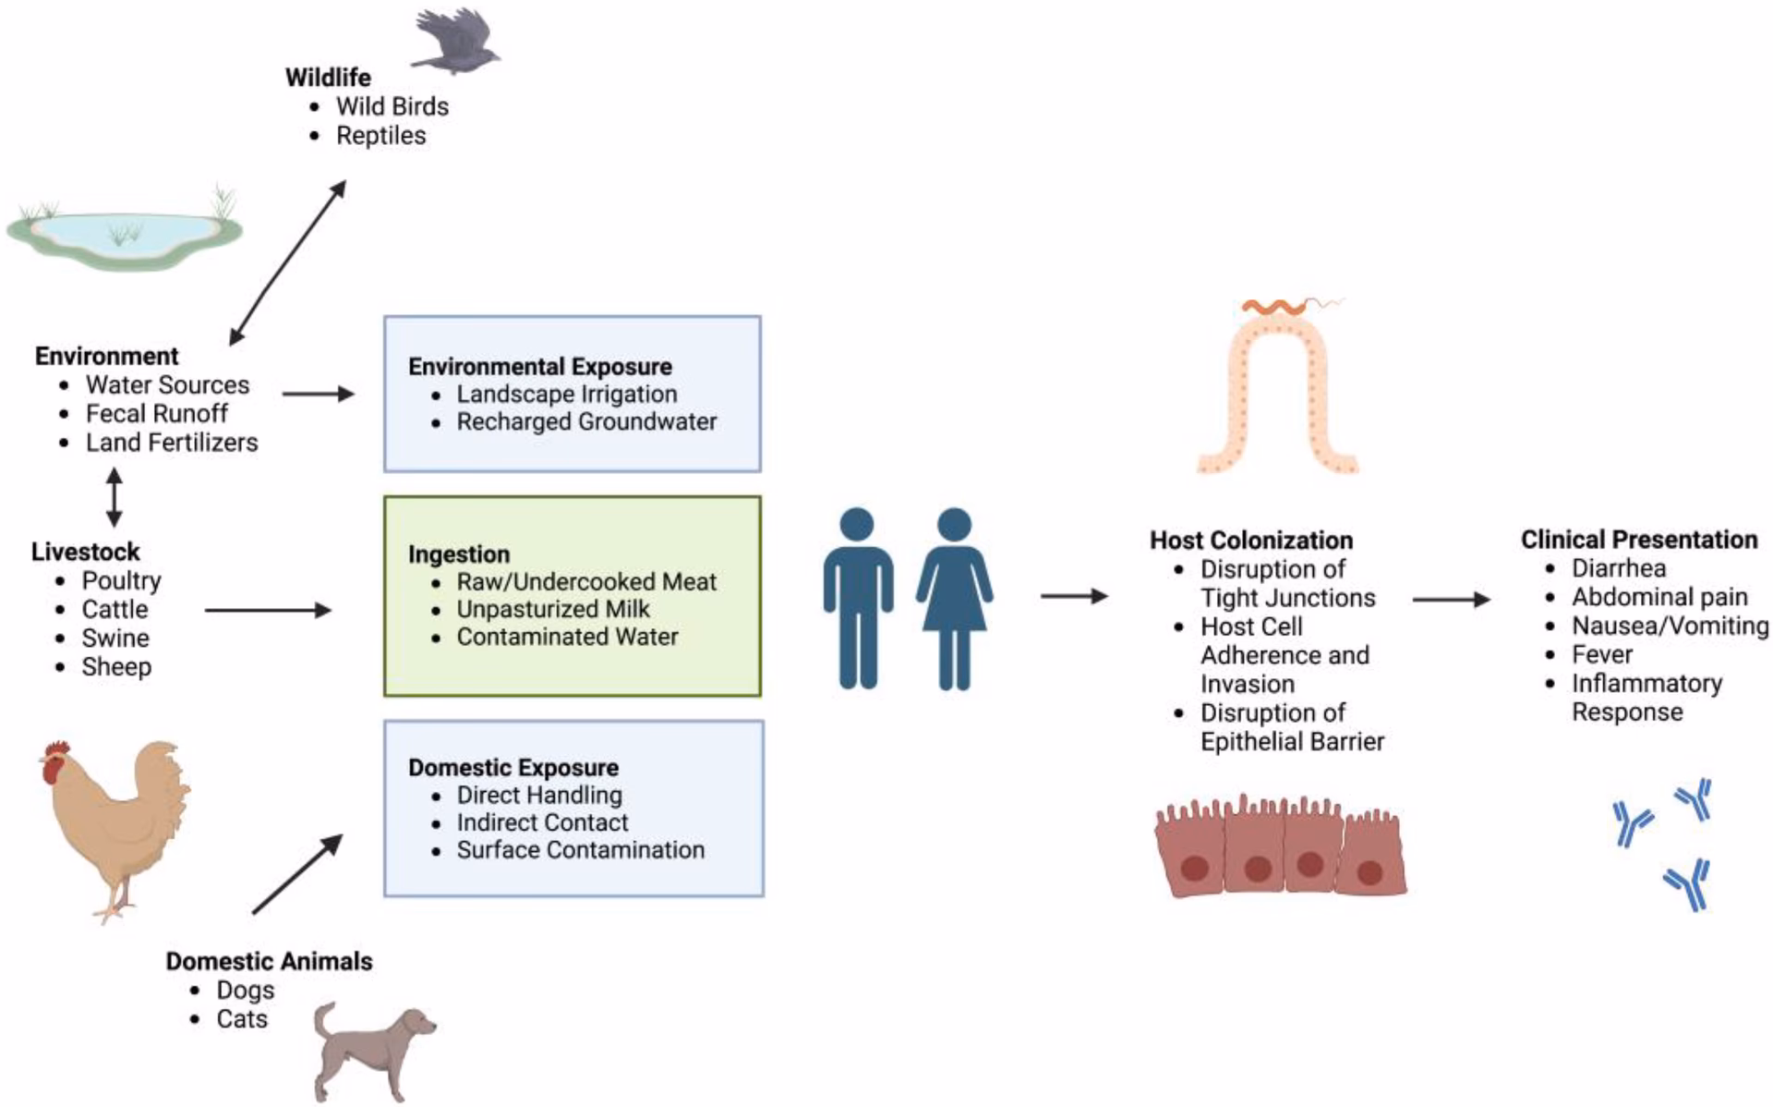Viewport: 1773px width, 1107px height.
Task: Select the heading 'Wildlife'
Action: pos(328,78)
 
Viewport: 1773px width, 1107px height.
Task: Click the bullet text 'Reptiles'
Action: pos(380,136)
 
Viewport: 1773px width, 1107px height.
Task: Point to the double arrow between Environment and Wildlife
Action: pos(287,262)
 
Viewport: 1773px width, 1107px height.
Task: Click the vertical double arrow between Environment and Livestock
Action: pos(115,497)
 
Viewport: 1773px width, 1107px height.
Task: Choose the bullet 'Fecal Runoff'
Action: pos(156,414)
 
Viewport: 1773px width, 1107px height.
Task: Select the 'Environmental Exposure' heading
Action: pos(539,367)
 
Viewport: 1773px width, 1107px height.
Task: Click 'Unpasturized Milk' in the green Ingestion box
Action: pos(552,610)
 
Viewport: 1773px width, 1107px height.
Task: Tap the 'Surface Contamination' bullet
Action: pos(580,850)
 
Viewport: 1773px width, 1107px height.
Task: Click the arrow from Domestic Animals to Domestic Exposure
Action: pos(296,874)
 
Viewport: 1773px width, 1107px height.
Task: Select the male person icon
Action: pos(858,598)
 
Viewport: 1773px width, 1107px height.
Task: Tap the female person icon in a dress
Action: pos(954,598)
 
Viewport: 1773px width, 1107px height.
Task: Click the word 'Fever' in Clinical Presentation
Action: pos(1601,655)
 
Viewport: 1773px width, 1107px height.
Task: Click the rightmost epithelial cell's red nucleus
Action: pos(1369,872)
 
